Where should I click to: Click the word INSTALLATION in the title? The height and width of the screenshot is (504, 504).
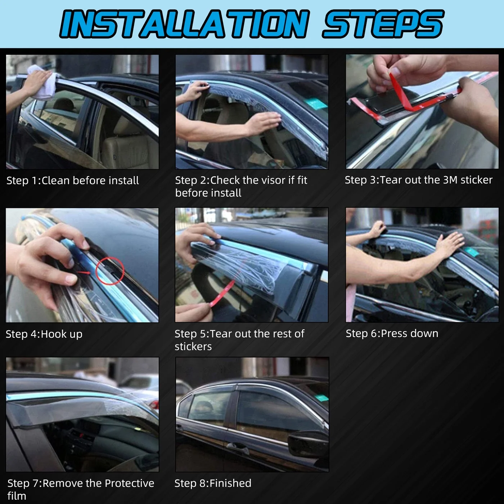184,23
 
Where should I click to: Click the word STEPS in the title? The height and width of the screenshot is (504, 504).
383,23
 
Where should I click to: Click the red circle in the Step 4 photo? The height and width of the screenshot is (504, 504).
109,270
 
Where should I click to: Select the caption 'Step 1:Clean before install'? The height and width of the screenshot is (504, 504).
72,180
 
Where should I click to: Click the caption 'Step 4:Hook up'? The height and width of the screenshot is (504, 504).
44,334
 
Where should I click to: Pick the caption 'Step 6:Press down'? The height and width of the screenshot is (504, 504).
392,333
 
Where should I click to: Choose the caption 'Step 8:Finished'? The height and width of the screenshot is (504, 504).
213,483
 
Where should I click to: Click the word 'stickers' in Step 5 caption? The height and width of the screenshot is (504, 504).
193,347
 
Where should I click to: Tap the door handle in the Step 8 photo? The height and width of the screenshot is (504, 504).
238,448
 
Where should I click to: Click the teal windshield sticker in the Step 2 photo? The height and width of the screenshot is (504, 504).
317,104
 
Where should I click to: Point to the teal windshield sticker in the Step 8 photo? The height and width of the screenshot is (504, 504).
321,398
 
